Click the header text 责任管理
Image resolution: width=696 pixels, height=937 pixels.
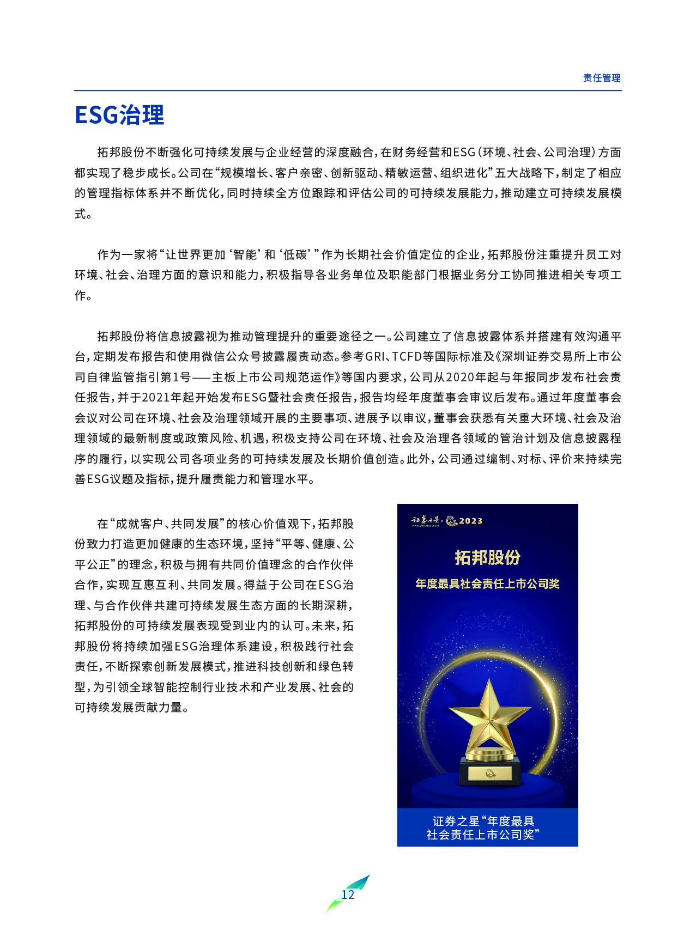[x=601, y=78]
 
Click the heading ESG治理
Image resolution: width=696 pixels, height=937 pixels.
[x=119, y=115]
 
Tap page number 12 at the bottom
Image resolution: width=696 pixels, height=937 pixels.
[x=348, y=895]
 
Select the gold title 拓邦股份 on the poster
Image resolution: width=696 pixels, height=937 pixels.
[x=487, y=557]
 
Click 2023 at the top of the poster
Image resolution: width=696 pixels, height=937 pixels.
[x=470, y=521]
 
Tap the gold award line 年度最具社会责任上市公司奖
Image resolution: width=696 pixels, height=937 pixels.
[x=487, y=584]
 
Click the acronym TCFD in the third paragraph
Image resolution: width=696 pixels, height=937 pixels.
[x=407, y=357]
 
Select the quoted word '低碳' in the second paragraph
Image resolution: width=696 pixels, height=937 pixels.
[x=296, y=254]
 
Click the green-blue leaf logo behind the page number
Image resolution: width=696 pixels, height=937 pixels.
[x=357, y=885]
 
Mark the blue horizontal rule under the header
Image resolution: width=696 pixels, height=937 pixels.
[x=348, y=90]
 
